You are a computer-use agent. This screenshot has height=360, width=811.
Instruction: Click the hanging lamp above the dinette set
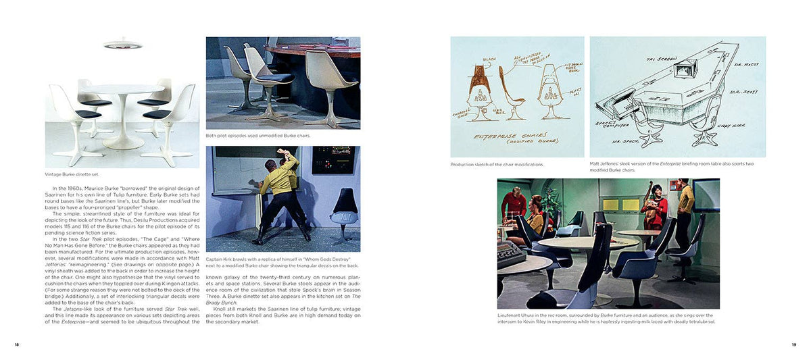(x=122, y=45)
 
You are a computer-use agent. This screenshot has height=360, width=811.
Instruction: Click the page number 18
(x=16, y=345)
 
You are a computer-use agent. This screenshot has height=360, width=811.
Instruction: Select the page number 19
(x=794, y=345)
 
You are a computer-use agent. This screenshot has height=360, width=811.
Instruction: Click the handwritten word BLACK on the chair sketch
(x=489, y=59)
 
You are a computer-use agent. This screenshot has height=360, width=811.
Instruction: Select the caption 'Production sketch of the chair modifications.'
(x=497, y=164)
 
